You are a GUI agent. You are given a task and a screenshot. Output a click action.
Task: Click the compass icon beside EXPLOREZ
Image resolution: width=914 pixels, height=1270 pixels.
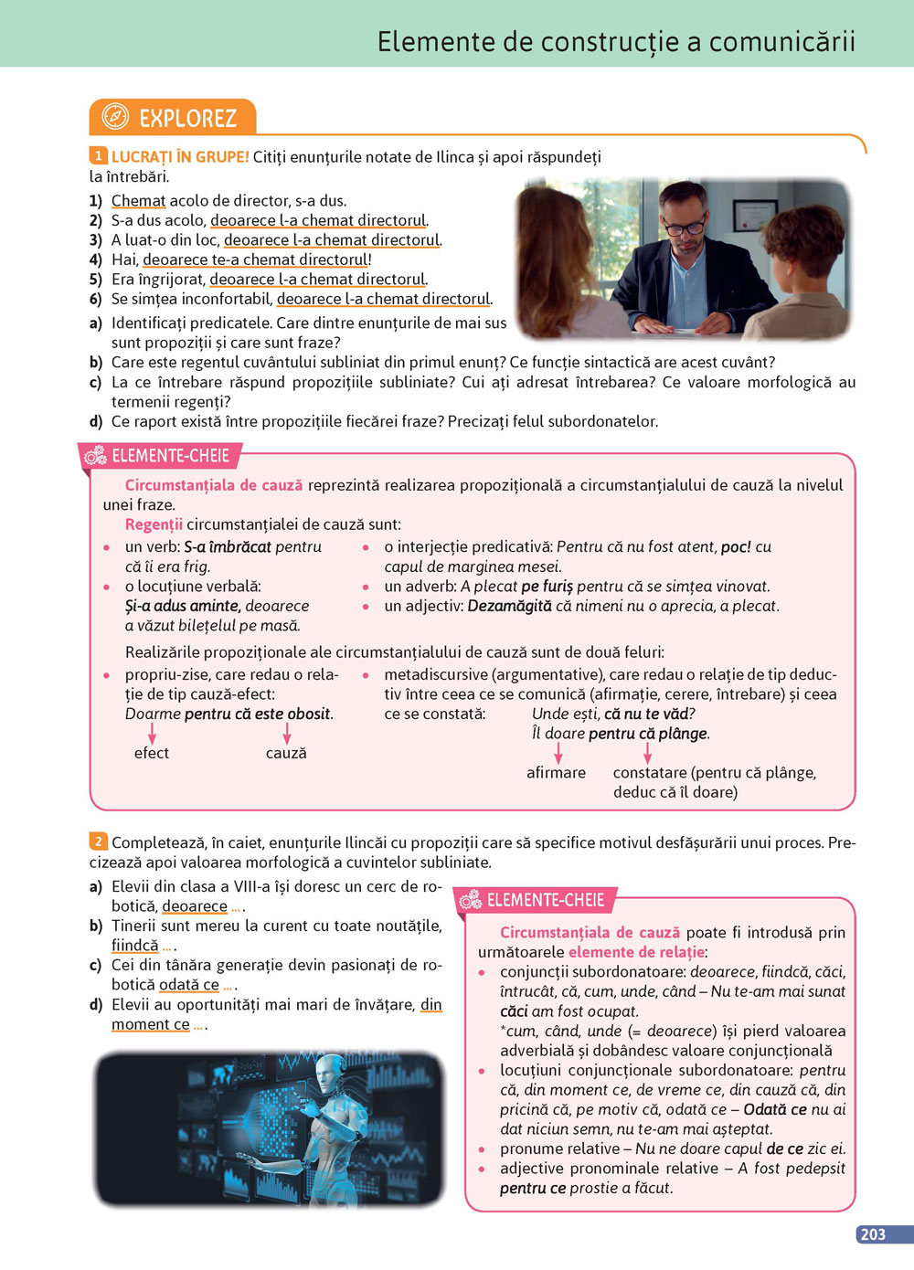pos(115,117)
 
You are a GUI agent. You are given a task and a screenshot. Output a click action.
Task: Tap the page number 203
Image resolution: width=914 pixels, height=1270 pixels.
pos(873,1234)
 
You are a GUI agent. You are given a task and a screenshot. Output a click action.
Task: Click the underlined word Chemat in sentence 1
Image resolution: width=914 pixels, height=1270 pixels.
pos(138,201)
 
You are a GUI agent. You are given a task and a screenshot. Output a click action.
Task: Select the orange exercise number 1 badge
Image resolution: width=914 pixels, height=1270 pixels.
pos(98,156)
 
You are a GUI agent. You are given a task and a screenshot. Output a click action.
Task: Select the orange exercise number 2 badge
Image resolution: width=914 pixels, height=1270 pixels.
pos(98,841)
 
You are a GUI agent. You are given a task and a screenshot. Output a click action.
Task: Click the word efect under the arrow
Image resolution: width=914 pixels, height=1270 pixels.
pos(151,753)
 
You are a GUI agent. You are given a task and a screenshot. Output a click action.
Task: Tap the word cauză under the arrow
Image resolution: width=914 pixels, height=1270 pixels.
pos(286,753)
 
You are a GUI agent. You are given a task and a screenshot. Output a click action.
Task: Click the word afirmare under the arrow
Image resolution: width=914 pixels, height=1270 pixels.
pos(556,773)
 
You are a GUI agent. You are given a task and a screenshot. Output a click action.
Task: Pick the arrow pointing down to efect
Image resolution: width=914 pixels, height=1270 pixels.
pos(152,732)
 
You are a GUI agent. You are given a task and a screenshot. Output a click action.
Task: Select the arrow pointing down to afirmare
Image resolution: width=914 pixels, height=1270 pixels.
pos(558,752)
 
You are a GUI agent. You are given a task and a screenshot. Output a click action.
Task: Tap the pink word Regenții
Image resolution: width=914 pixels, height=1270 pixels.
pos(154,524)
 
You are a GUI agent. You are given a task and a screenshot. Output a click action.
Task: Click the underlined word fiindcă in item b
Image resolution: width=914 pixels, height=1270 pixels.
pos(134,946)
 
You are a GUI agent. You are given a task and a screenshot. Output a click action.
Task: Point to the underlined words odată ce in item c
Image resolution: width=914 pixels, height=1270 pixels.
pos(188,985)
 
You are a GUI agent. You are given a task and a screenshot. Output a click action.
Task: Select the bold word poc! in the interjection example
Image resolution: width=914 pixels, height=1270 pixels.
pos(736,547)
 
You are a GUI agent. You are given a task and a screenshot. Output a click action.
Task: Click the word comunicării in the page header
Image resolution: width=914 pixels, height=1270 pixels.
pos(782,41)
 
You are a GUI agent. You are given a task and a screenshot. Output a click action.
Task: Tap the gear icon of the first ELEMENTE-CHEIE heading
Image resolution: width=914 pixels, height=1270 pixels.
pos(95,456)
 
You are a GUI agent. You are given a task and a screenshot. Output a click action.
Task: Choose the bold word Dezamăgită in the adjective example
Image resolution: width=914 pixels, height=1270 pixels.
pos(509,607)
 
